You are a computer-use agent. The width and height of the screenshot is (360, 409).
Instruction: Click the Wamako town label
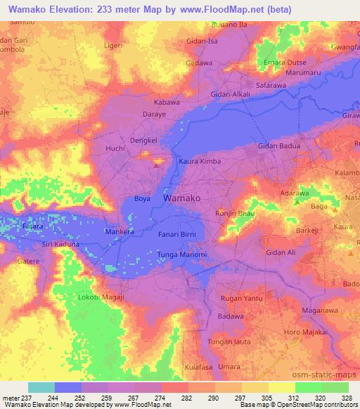(x=182, y=199)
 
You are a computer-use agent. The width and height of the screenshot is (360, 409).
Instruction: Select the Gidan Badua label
(x=279, y=146)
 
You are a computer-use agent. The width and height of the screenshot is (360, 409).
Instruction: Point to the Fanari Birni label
(x=179, y=235)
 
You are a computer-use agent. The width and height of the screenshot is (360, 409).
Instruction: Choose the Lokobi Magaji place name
(x=101, y=298)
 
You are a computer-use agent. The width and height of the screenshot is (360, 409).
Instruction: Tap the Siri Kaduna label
(x=61, y=243)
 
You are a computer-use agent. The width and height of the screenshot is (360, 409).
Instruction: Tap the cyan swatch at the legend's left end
(x=41, y=387)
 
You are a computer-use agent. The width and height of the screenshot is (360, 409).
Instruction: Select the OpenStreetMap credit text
(x=318, y=405)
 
